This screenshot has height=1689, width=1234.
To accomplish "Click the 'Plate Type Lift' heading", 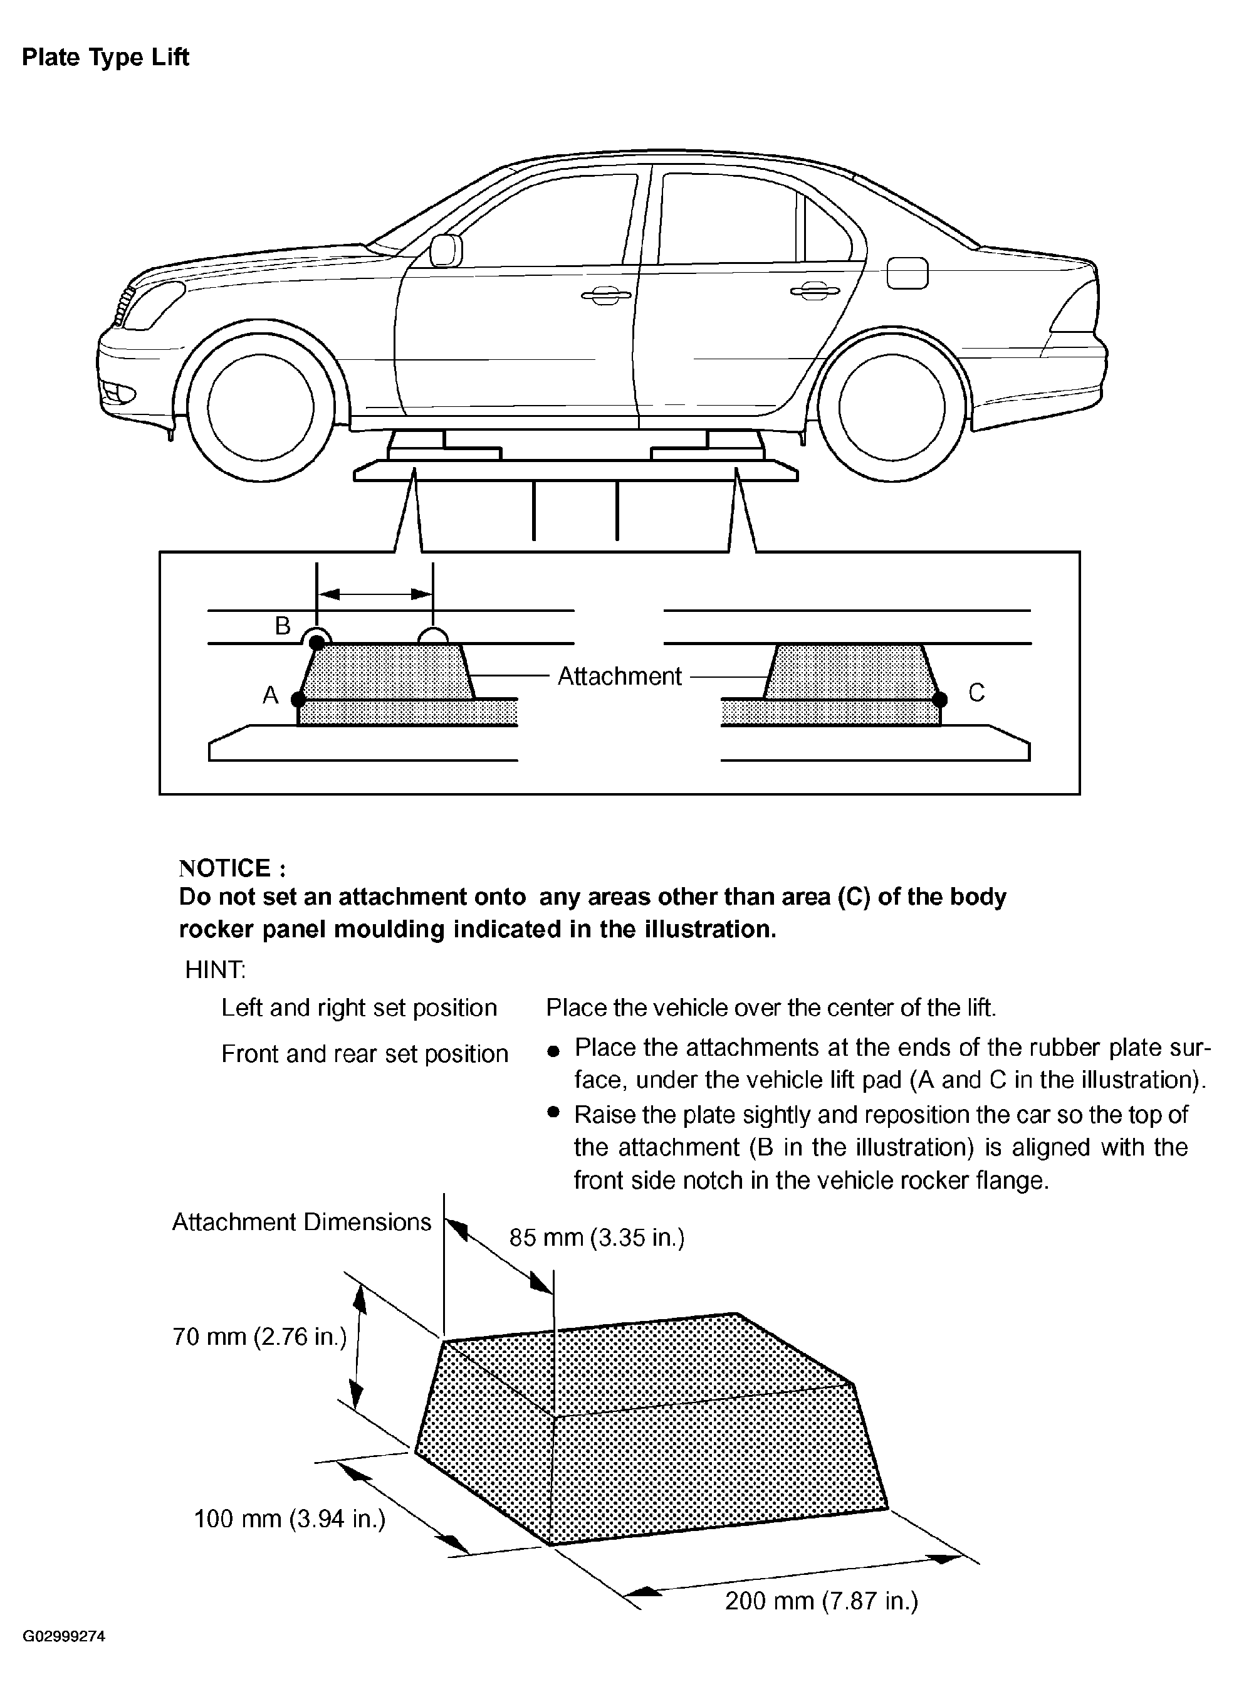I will click(105, 58).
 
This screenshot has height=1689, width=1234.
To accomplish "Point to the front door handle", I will click(605, 295).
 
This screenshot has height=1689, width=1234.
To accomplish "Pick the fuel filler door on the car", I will click(907, 273).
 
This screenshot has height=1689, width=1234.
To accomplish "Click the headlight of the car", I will click(153, 306).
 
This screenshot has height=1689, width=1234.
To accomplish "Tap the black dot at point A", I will click(298, 700).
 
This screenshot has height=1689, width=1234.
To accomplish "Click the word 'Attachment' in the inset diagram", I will click(619, 676).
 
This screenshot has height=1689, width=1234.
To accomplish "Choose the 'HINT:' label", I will click(215, 970).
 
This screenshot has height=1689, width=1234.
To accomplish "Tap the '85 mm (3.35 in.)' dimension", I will click(597, 1238).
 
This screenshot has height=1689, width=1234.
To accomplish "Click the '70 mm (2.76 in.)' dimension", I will click(259, 1335).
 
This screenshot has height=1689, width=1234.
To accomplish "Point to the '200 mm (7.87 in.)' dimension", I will click(821, 1600).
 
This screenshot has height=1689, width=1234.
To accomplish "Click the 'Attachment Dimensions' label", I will click(302, 1222).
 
